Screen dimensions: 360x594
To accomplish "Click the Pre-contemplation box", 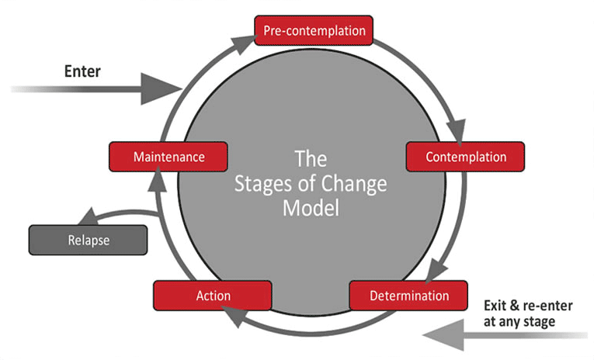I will pos(314,32).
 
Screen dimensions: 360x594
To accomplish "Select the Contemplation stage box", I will pos(466,157).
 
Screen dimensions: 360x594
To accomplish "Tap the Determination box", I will pos(409,296).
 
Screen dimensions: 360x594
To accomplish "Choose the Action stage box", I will pos(213,296).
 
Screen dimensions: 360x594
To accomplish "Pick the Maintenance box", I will pos(168,157).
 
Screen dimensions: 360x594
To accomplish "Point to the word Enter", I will pos(82,72).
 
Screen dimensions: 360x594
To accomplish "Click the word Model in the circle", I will pos(311,209).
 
